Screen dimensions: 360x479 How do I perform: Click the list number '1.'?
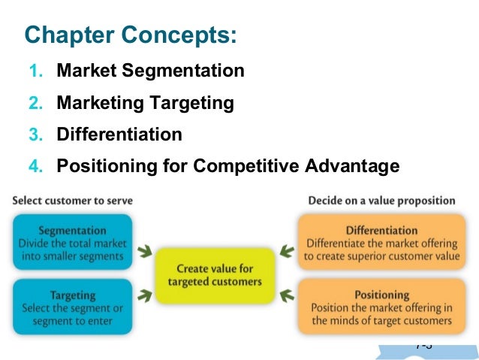pos(37,72)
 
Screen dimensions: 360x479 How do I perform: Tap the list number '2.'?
pos(37,104)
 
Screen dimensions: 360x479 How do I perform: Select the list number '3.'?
pos(37,135)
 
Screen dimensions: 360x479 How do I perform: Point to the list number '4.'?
pos(37,167)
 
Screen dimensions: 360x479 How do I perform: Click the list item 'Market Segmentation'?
pos(151,71)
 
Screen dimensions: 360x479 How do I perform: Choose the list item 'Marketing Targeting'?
pos(146,103)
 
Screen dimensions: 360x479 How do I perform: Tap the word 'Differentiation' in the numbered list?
pos(119,135)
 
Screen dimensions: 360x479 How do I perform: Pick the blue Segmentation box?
pos(72,242)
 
